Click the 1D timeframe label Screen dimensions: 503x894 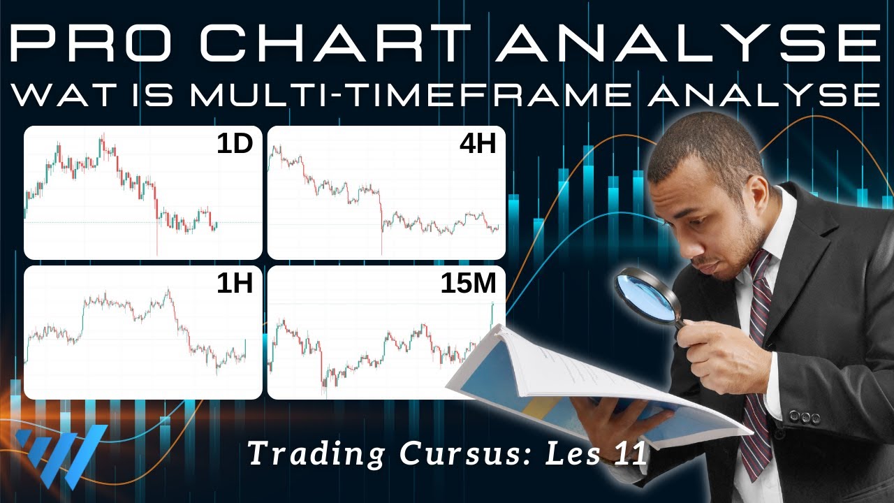tap(234, 144)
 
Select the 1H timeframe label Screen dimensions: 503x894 tap(234, 283)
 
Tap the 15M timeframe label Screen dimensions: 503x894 tap(468, 283)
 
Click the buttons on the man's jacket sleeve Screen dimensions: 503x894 tap(804, 417)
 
